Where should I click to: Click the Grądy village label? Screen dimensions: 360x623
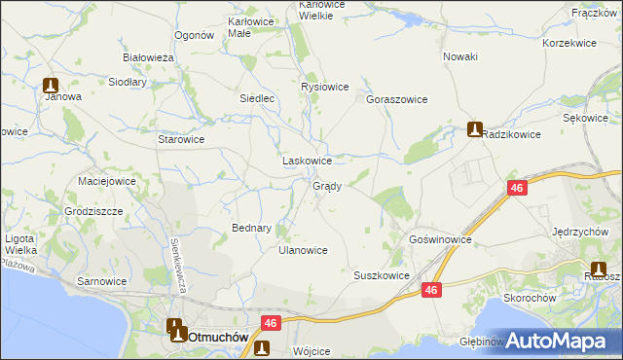click(326, 186)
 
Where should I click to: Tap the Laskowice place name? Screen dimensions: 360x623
click(308, 161)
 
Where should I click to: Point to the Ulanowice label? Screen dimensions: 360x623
click(303, 250)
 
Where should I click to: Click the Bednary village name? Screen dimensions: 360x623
click(251, 228)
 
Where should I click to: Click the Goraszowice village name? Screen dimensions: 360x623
click(396, 99)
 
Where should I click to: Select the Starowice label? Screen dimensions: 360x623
click(181, 139)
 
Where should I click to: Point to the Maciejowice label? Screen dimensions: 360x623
click(106, 180)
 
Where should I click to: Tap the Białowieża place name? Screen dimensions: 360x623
click(148, 57)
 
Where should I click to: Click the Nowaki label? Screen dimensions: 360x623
click(460, 56)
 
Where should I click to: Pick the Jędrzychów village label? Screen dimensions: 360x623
click(580, 232)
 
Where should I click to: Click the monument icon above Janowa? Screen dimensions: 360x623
click(54, 85)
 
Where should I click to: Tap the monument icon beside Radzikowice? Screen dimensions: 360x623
click(474, 128)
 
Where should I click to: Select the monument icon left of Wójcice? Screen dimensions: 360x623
click(261, 349)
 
